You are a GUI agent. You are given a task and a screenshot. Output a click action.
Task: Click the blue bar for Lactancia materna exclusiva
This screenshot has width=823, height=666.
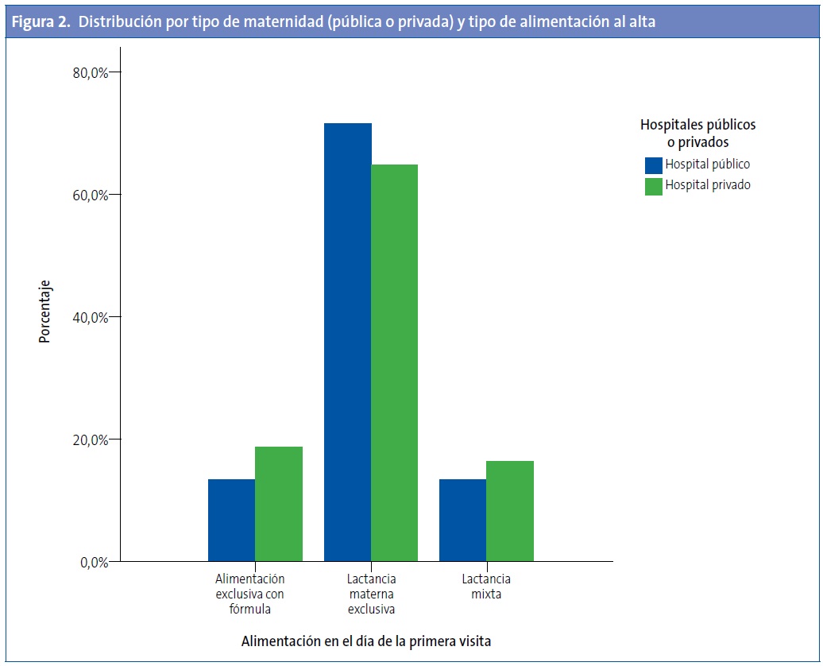[348, 342]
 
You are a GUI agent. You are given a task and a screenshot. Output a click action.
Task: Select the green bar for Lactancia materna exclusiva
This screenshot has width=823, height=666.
[395, 362]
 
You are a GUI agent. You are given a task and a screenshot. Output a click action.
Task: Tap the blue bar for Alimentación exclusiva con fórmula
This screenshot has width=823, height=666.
[231, 520]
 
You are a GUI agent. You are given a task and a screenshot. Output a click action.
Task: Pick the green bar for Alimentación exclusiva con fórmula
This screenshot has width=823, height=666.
[278, 504]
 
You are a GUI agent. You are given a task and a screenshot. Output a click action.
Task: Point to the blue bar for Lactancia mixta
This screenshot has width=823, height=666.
[462, 520]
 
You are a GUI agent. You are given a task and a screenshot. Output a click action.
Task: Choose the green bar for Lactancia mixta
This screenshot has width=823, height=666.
[510, 511]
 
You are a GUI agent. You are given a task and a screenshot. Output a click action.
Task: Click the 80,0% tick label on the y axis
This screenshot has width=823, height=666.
[89, 72]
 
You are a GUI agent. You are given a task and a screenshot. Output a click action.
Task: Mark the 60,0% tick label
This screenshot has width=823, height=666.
[89, 195]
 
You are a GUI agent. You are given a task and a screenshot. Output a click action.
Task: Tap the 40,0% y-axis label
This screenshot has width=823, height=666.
[89, 317]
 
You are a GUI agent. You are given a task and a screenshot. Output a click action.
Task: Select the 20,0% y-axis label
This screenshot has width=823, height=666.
[89, 439]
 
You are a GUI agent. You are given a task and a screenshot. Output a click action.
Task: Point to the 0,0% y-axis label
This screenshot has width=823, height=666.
[92, 562]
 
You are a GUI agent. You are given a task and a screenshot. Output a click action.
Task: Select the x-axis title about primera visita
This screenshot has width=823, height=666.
[366, 641]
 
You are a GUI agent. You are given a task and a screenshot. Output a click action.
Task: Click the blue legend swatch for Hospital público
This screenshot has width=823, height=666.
[653, 165]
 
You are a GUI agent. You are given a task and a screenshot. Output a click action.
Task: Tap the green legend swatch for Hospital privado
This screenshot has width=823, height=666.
[653, 186]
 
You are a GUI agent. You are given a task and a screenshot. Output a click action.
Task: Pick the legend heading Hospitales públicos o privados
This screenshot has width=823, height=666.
[697, 134]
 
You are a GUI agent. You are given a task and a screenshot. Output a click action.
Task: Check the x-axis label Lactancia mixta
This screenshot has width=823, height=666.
[485, 587]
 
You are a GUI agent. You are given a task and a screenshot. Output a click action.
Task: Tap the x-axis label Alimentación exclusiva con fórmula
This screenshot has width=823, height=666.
[249, 594]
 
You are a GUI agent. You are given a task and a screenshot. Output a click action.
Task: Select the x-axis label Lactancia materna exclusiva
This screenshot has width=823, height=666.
[371, 594]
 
